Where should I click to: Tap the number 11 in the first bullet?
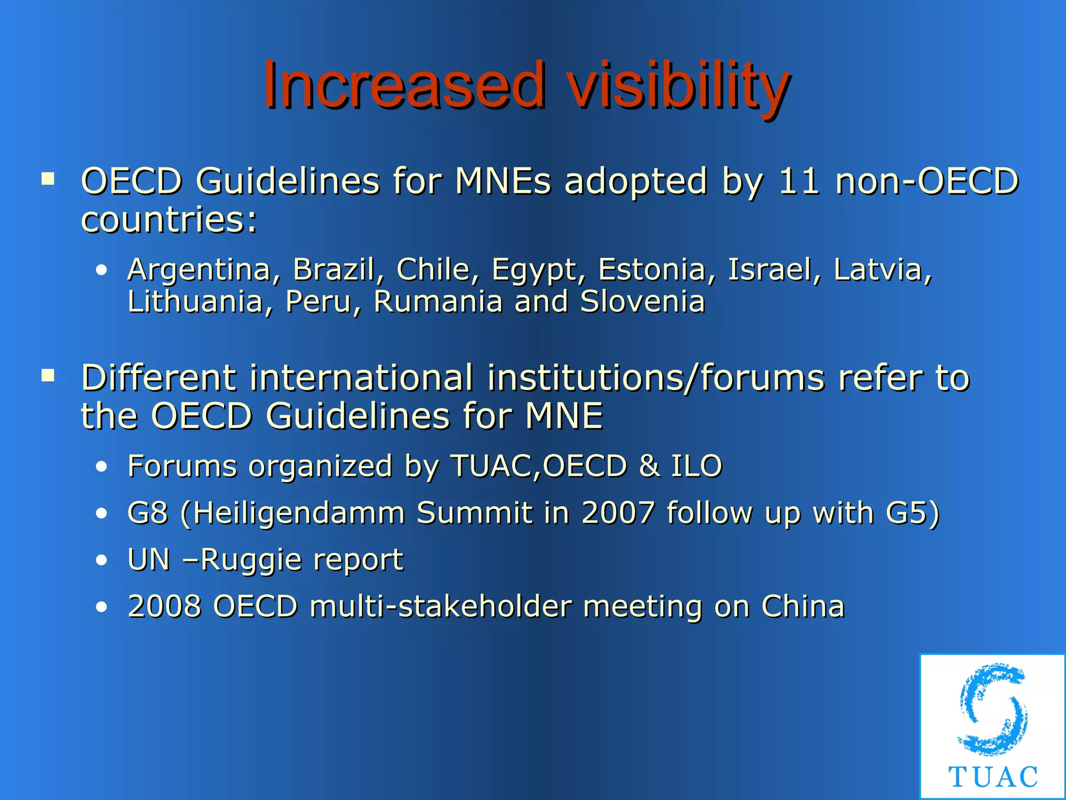coord(799,181)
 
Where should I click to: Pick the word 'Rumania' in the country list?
coord(438,302)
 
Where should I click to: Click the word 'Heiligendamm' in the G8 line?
coord(300,514)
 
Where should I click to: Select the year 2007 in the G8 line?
coord(617,512)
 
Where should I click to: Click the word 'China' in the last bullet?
coord(802,606)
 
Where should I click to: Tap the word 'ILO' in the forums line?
coord(696,466)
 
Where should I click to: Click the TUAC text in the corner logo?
coord(993,777)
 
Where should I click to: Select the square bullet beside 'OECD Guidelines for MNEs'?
coord(48,179)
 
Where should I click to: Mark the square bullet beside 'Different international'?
coord(48,376)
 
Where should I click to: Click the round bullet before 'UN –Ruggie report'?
coord(101,560)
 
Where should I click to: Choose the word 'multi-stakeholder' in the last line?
coord(440,606)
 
